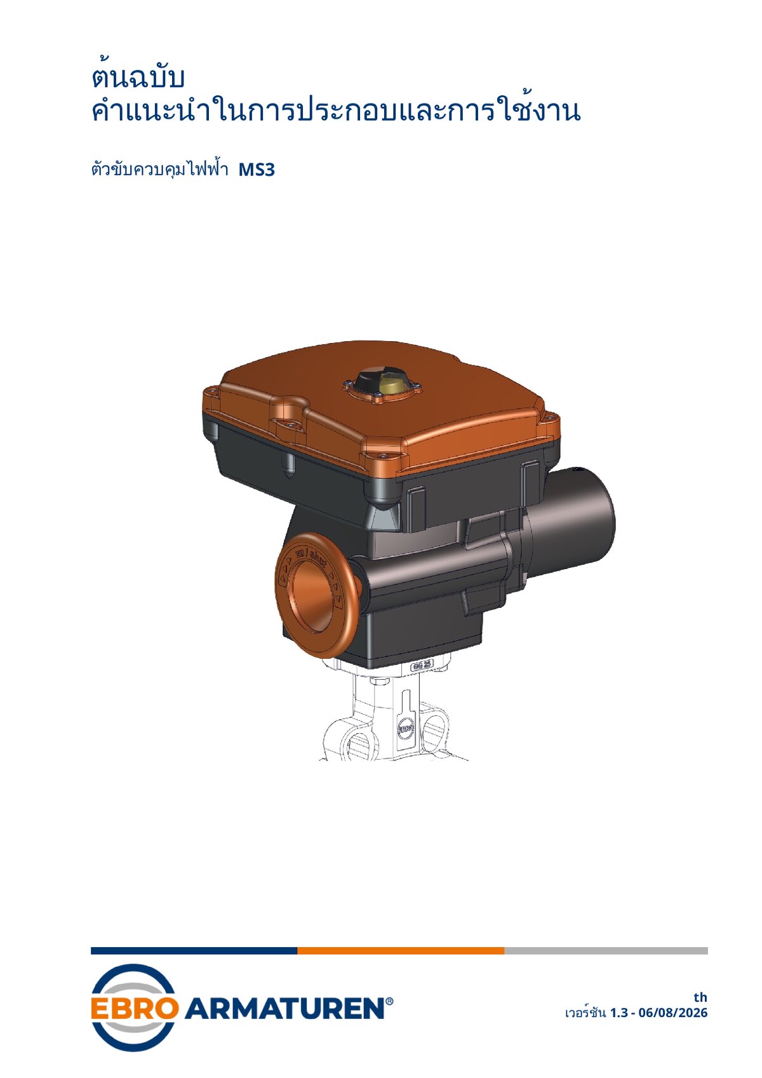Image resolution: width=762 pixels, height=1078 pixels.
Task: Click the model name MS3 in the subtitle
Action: (x=257, y=170)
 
